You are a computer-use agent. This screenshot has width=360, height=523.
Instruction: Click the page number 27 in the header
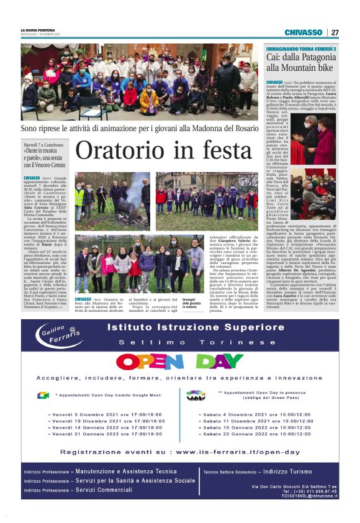pyautogui.click(x=335, y=32)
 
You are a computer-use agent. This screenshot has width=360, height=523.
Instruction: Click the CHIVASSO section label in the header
pyautogui.click(x=304, y=32)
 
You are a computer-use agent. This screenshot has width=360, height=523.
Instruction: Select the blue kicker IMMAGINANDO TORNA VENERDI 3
pyautogui.click(x=301, y=48)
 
